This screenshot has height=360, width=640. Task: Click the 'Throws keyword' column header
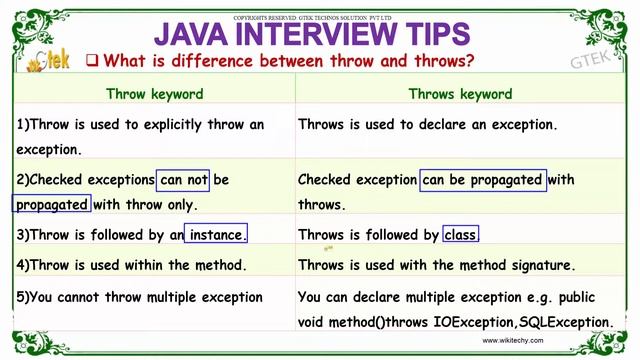coord(460,94)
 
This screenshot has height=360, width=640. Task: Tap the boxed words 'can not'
coord(184,180)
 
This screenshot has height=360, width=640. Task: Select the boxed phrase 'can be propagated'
coord(484,180)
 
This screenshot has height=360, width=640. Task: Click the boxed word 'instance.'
coord(216,235)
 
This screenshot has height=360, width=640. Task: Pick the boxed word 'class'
coord(461,235)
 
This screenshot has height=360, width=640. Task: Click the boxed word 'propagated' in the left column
coord(53,204)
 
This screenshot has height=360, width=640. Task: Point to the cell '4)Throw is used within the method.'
coord(131,266)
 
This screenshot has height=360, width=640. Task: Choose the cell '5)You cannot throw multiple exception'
coord(140,297)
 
